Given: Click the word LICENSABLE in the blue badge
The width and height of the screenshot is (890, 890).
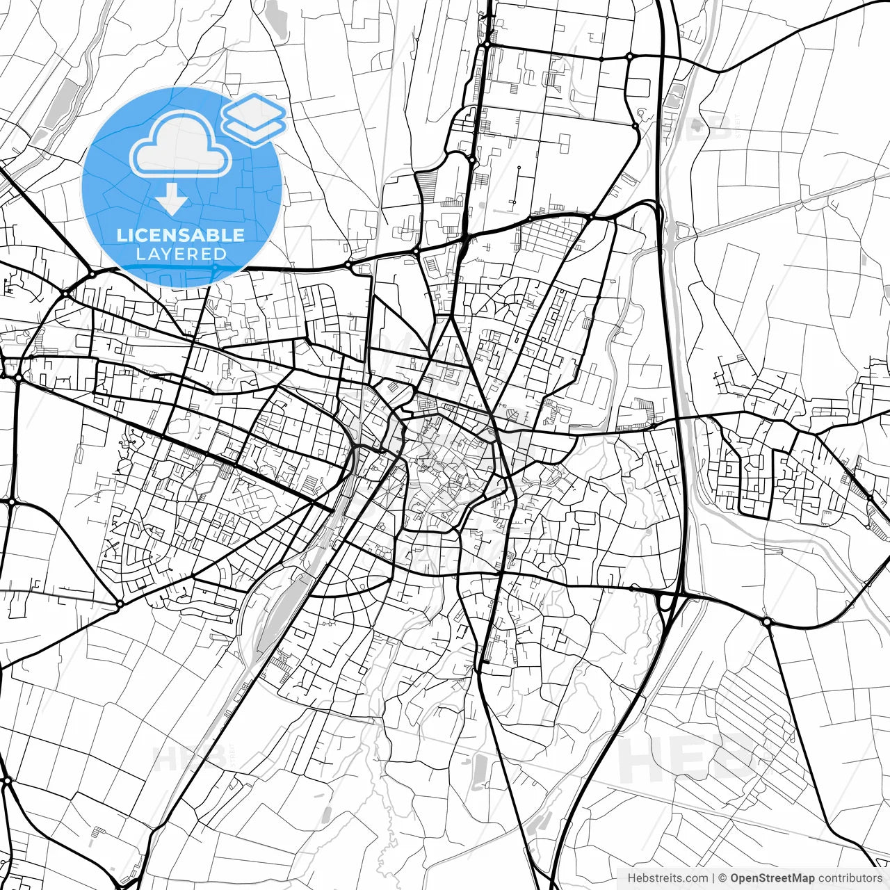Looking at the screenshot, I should [x=181, y=235].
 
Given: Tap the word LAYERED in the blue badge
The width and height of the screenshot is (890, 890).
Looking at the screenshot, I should [x=181, y=254].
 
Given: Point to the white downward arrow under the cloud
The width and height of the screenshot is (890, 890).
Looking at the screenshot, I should [x=172, y=200].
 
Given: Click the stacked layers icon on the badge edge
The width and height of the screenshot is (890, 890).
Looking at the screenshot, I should [x=254, y=118].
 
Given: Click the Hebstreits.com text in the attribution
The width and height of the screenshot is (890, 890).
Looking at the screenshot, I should [x=667, y=878].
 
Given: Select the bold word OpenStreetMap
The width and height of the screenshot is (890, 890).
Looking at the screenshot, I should [x=772, y=878].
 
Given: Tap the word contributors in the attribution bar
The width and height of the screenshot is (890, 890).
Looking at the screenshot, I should [x=850, y=878].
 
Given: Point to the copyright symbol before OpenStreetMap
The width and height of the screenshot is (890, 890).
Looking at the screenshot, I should [x=722, y=878].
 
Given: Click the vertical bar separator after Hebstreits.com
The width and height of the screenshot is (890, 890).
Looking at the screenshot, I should [x=714, y=878].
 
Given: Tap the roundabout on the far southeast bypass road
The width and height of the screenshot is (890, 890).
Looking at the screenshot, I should [x=766, y=621].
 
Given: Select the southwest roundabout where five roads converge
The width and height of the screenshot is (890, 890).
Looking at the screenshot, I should [x=120, y=604].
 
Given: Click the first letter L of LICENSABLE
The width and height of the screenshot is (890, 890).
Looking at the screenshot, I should [x=121, y=235].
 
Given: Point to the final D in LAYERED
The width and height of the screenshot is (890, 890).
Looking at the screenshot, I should [x=221, y=254].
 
